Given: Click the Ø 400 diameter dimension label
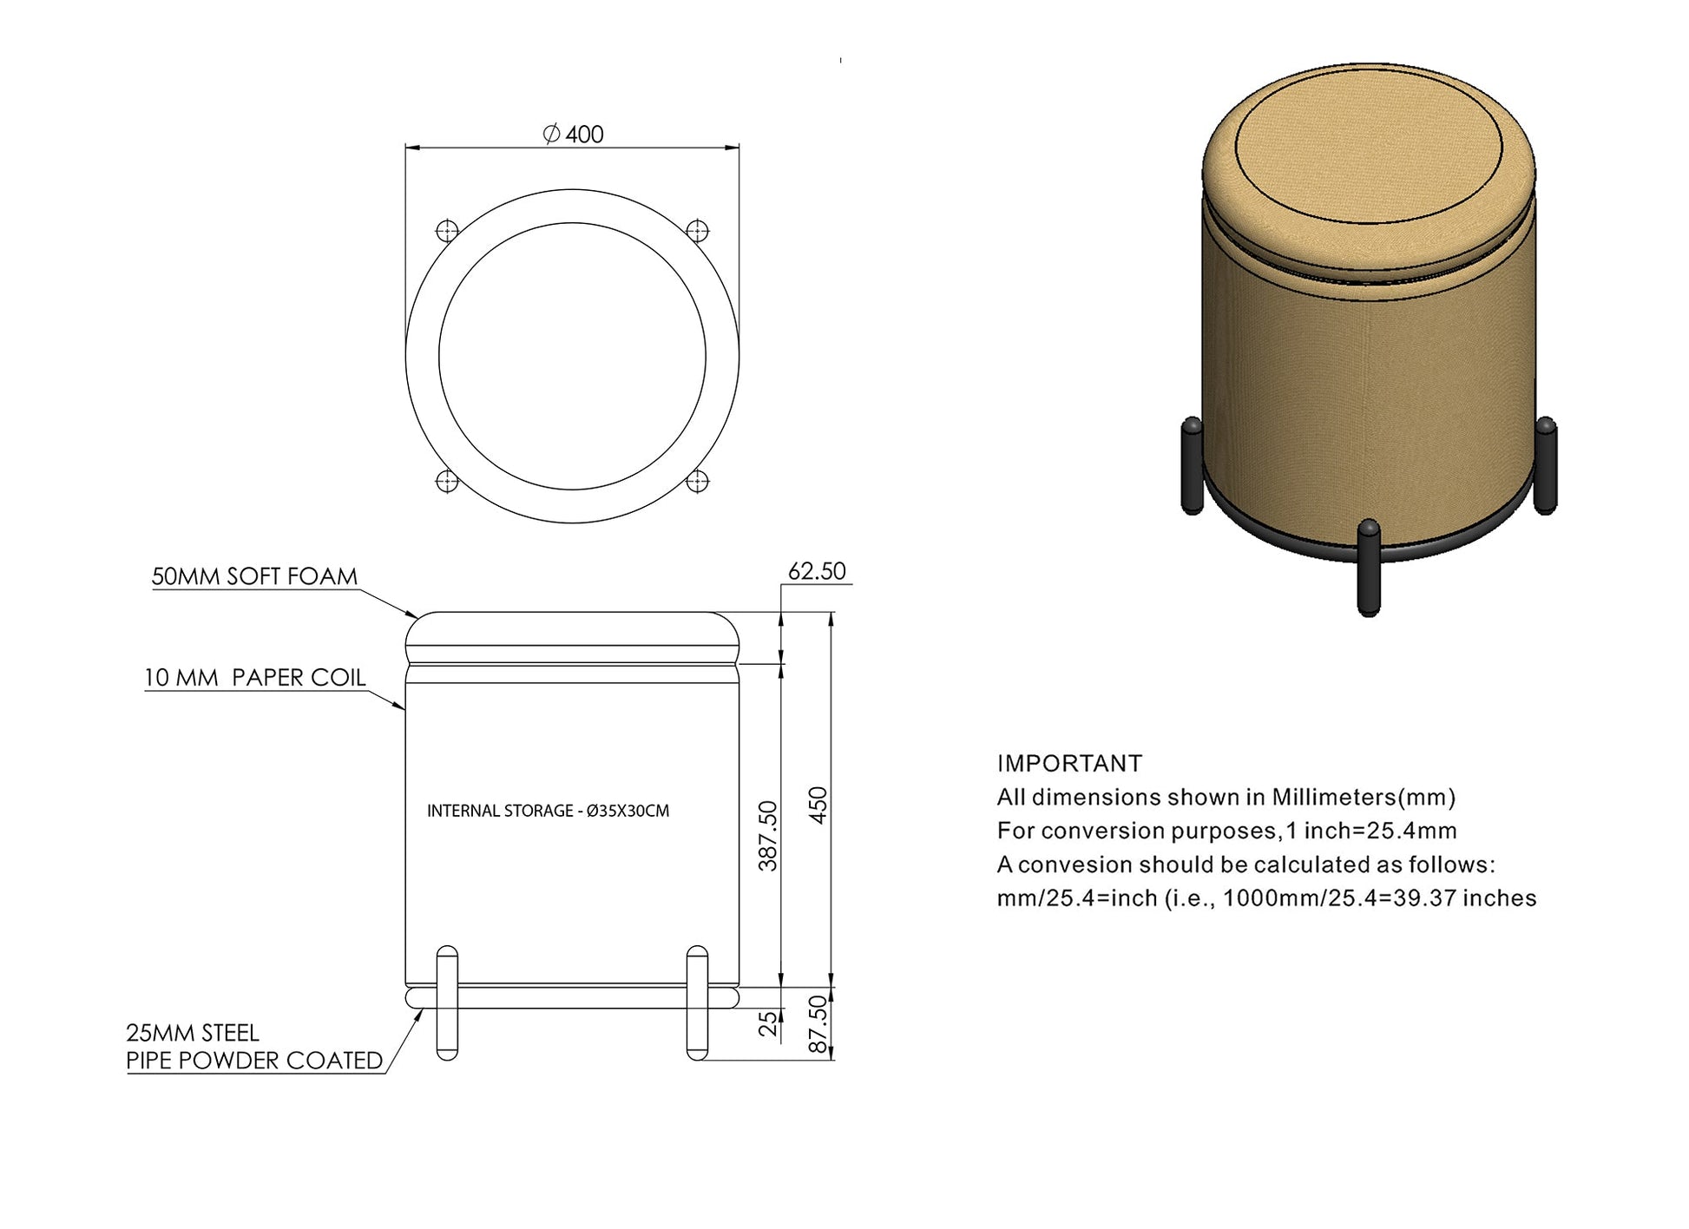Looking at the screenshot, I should pos(573,135).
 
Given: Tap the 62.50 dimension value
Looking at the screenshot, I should pos(816,571).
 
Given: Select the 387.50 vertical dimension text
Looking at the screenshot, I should pos(768,835).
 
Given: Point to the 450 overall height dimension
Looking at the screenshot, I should pos(818,805).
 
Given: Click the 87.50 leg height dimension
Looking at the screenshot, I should pos(818,1024).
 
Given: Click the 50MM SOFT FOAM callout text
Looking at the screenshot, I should pos(254,577).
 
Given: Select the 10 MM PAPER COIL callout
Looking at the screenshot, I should pos(254,678).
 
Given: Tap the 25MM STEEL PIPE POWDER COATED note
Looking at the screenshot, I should pos(253,1047).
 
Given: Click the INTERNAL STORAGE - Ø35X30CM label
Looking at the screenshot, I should pos(548,812).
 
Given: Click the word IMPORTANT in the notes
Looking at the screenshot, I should pos(1069,764).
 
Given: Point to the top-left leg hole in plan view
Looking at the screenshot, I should pos(447,231).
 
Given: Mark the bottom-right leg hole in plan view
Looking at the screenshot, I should pos(698,481).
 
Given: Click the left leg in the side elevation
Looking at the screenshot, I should pos(447,1002).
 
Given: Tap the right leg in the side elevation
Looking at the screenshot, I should pos(697,1002).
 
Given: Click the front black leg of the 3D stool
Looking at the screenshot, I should pos(1369,568).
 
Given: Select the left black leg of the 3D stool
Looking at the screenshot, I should pos(1193,465).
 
